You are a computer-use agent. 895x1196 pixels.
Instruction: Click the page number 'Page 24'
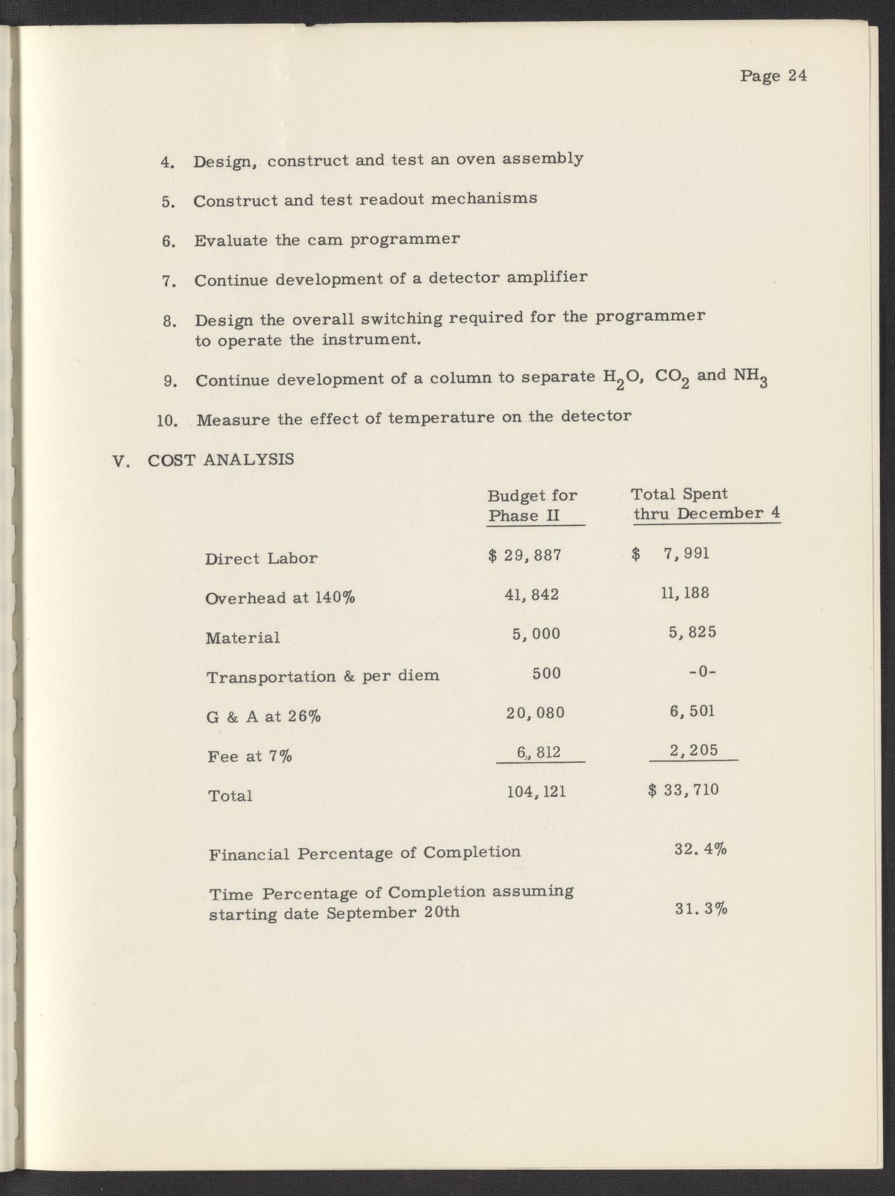[x=773, y=76]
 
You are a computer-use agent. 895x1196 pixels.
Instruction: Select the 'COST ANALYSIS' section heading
[x=221, y=459]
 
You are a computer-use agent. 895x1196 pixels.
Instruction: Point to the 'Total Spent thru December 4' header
[x=706, y=504]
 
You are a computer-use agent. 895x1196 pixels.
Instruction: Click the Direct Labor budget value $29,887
[x=524, y=555]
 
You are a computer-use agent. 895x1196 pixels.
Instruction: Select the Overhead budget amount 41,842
[x=533, y=594]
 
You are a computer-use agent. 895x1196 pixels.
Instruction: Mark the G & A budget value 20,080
[x=536, y=712]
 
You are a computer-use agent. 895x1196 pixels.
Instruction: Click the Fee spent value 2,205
[x=694, y=750]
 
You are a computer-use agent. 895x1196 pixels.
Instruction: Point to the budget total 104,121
[x=536, y=791]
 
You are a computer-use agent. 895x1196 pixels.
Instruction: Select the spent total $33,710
[x=684, y=789]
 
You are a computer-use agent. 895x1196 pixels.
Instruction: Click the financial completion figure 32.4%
[x=700, y=849]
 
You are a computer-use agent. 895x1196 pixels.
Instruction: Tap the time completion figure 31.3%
[x=701, y=909]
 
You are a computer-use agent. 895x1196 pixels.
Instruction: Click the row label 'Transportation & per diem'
[x=322, y=677]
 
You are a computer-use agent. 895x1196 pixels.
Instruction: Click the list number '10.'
[x=168, y=420]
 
